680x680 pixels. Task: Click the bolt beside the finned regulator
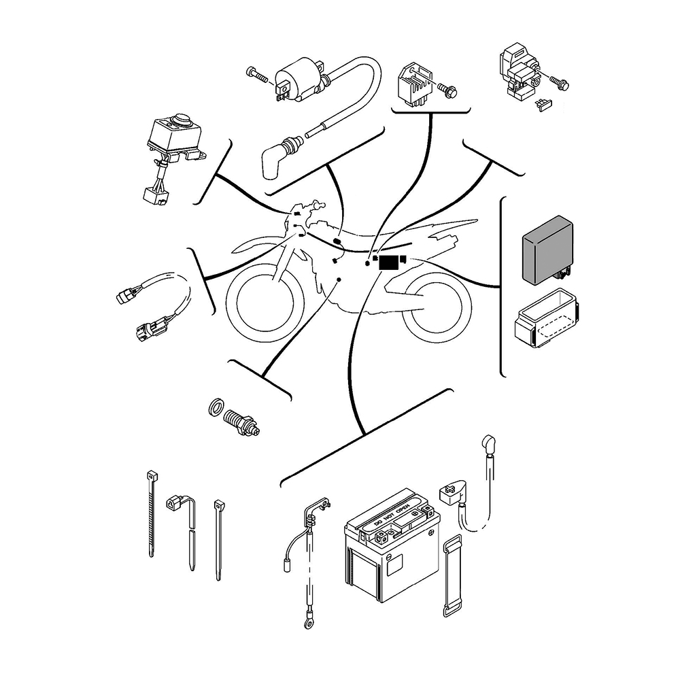448,88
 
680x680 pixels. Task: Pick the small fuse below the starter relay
543,105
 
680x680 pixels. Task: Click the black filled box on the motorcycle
389,262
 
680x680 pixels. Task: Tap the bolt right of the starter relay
560,84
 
